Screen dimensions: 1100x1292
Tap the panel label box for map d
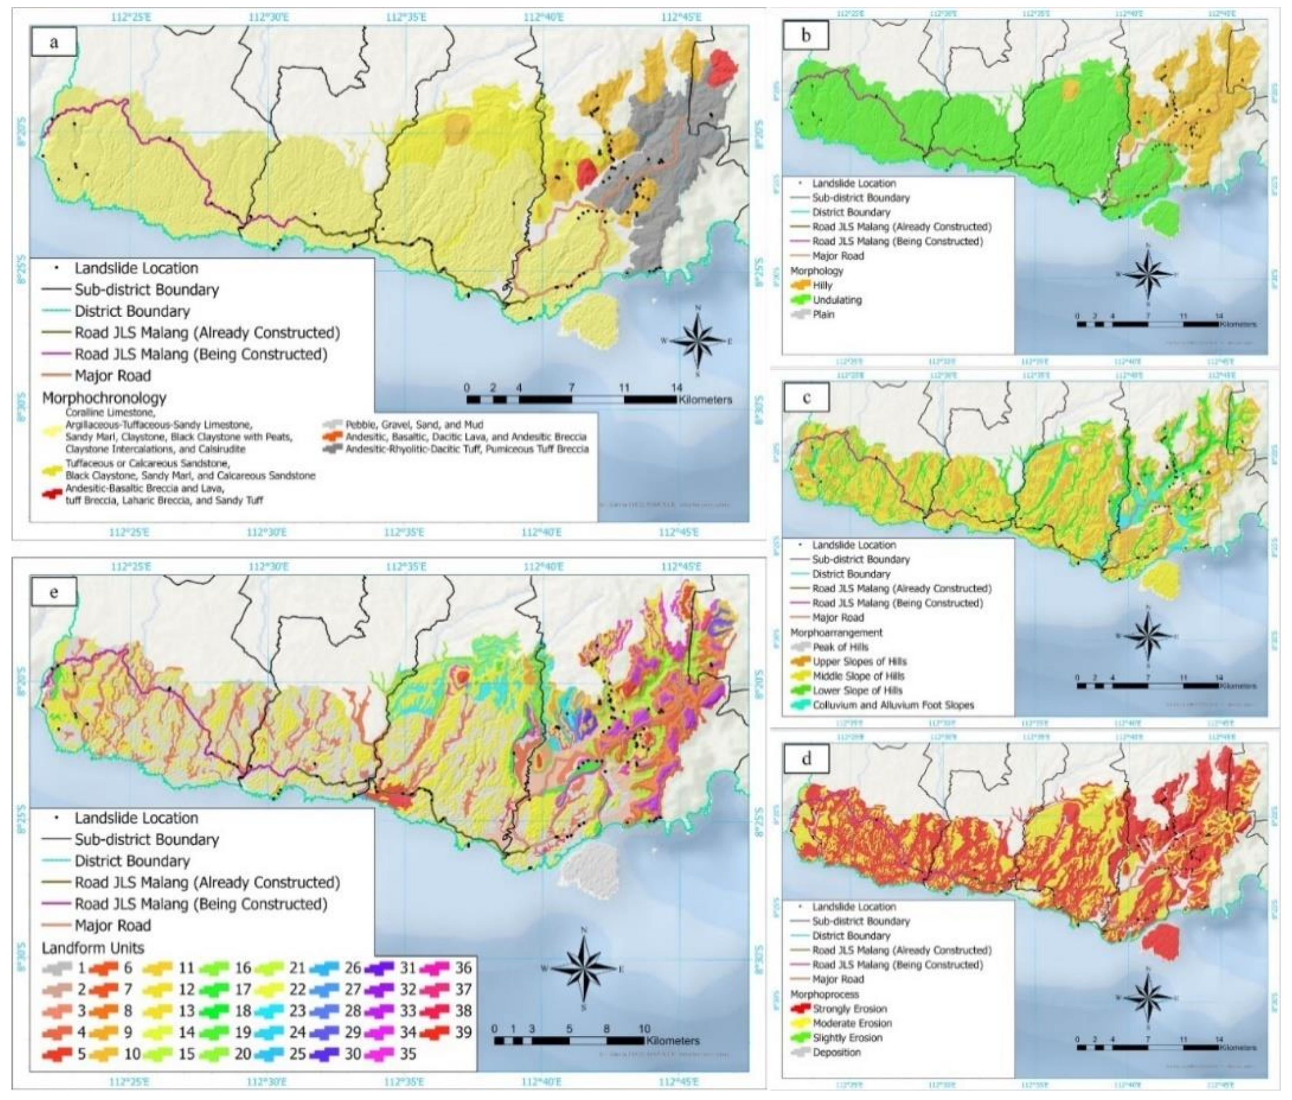[806, 760]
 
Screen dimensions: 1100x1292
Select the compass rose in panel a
[698, 340]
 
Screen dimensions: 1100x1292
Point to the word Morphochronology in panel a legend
[104, 398]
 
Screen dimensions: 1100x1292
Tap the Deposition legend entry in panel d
[836, 1052]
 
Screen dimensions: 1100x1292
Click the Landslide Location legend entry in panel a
[136, 268]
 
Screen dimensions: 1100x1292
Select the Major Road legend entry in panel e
[112, 925]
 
